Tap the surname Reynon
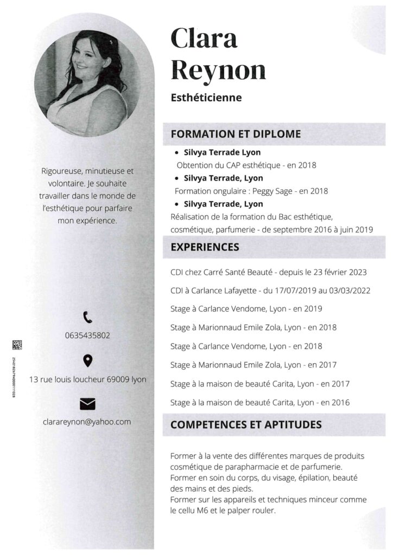click(x=218, y=69)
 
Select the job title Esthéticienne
click(x=206, y=98)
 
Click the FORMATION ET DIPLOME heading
click(x=236, y=134)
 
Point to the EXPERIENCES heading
click(x=205, y=247)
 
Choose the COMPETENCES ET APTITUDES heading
click(x=246, y=424)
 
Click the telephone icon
click(x=87, y=317)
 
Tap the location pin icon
click(x=87, y=360)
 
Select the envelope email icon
click(x=87, y=403)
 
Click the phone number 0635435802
click(x=87, y=335)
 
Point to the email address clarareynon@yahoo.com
click(x=87, y=421)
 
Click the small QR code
click(x=17, y=345)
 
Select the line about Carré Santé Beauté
click(x=268, y=272)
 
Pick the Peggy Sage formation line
click(x=251, y=191)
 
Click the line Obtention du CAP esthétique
click(x=246, y=165)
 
